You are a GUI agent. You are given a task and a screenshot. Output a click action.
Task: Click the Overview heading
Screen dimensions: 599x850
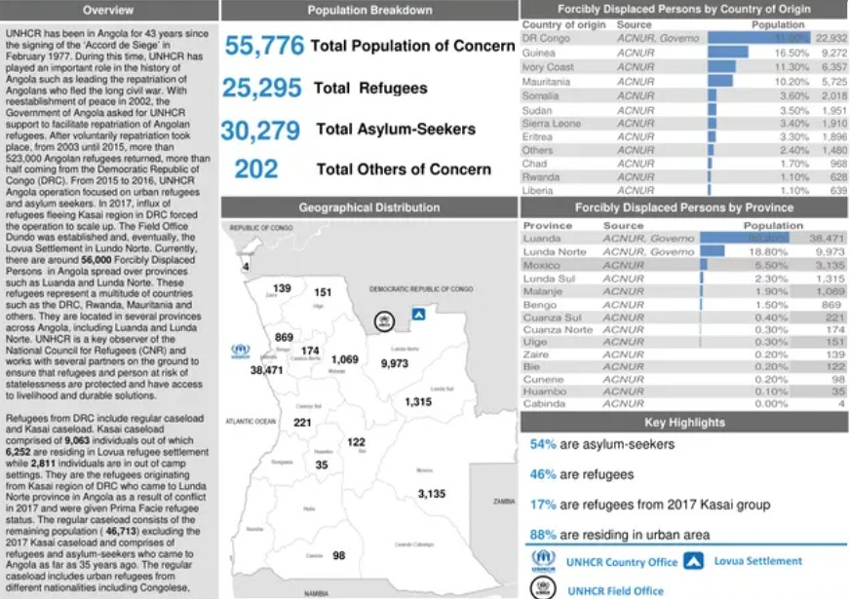click(108, 11)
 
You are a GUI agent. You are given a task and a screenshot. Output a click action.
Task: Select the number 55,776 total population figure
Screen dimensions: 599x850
click(265, 46)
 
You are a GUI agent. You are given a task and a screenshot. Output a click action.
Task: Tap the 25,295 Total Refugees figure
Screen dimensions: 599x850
click(262, 89)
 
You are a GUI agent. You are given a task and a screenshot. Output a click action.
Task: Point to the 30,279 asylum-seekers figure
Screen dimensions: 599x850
click(264, 130)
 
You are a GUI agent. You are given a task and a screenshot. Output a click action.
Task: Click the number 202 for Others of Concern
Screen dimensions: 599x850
click(256, 169)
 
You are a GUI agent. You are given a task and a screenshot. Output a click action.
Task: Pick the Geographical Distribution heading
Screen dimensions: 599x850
click(368, 207)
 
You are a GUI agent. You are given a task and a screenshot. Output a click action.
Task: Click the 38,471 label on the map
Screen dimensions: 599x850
click(266, 370)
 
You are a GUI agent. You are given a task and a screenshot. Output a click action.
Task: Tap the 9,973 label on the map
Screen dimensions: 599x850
click(395, 362)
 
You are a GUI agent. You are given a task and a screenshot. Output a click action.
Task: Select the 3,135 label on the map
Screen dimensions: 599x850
click(432, 494)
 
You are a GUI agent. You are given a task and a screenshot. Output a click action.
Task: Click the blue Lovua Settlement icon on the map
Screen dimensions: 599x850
click(419, 315)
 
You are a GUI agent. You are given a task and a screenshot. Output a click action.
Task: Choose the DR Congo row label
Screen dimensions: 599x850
click(546, 38)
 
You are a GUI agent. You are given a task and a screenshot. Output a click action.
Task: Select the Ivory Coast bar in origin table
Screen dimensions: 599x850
click(721, 67)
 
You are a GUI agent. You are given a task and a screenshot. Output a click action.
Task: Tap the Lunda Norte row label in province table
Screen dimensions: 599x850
click(555, 251)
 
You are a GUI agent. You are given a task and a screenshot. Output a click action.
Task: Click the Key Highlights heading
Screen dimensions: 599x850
click(684, 423)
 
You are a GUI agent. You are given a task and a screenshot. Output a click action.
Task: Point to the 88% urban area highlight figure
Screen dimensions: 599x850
click(543, 534)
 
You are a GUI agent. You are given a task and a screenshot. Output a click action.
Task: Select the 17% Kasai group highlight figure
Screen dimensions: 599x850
click(543, 505)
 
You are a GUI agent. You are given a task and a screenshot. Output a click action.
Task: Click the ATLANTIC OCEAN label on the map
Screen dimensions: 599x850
click(251, 421)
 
